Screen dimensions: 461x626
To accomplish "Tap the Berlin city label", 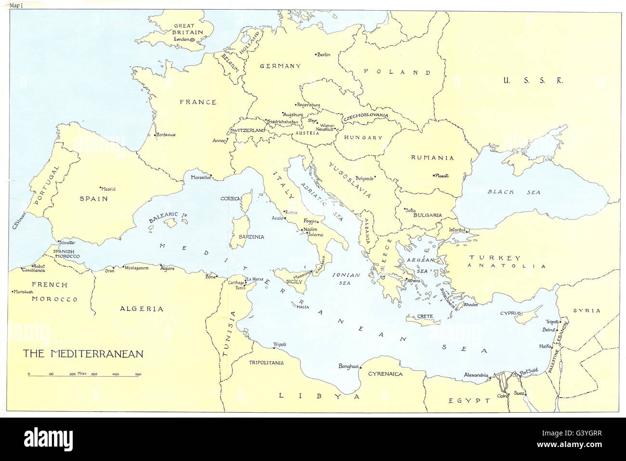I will (324, 54).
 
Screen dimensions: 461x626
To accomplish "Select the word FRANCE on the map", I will (198, 102).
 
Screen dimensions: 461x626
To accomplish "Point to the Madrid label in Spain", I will (109, 189).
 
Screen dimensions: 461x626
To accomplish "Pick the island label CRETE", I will (425, 316).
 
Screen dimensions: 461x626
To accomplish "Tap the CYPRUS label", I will (510, 313).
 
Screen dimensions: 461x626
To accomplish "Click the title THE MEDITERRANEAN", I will (84, 353).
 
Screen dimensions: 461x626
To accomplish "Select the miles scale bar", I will (84, 374).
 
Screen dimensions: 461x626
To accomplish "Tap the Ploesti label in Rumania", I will (442, 176).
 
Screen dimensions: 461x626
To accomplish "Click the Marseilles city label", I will (201, 177).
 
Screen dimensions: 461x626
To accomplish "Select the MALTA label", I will (302, 307).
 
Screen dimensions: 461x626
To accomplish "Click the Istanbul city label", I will (458, 230).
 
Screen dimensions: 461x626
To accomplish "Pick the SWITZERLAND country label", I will (248, 131).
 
